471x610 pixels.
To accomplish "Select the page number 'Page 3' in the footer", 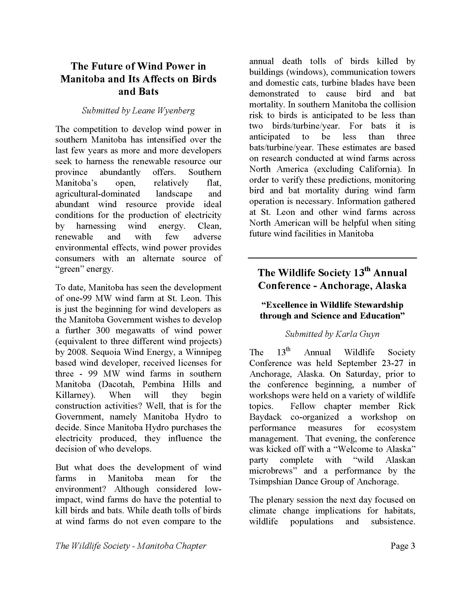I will [403, 545].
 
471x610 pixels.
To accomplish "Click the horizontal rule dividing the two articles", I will [332, 258].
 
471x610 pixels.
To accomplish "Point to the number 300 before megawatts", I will [104, 331].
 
